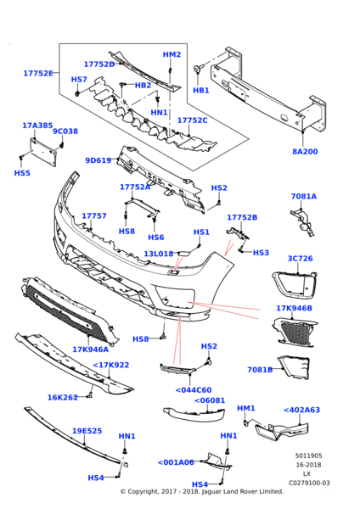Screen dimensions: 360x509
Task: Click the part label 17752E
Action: coord(38,73)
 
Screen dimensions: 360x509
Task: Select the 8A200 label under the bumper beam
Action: coord(305,152)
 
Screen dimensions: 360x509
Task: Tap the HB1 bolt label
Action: coord(201,90)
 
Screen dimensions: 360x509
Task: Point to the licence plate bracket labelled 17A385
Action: coord(43,153)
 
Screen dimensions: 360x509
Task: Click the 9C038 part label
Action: coord(65,131)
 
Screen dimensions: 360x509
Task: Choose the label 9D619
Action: coord(98,160)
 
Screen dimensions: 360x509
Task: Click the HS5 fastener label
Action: coord(22,173)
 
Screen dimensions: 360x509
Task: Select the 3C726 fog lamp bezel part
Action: coord(294,284)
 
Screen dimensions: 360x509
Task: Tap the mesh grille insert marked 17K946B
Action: coord(294,332)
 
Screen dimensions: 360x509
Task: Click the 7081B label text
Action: coord(260,370)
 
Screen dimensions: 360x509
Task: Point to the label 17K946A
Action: coord(90,350)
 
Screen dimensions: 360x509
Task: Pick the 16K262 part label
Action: coord(63,397)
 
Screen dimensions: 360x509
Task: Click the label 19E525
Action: coord(87,431)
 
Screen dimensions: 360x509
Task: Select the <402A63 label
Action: coord(302,410)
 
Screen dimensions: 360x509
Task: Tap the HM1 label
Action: coord(246,408)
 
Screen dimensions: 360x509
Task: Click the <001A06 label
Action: coord(176,462)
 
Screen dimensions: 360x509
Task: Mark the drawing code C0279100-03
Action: coord(309,483)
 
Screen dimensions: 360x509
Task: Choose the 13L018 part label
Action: coord(159,254)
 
